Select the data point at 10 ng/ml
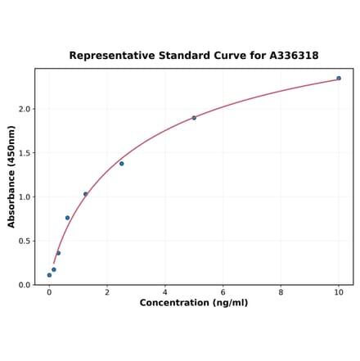(x=339, y=79)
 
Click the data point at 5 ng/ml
(x=194, y=118)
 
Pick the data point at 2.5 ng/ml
(x=122, y=164)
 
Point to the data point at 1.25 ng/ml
(x=85, y=194)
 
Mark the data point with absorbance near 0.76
(x=67, y=218)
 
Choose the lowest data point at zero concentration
(x=49, y=275)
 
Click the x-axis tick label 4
(x=165, y=292)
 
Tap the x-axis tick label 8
(x=281, y=292)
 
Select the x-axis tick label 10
(x=339, y=292)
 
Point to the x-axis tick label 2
(x=107, y=292)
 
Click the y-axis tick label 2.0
(x=25, y=109)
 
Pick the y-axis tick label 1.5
(x=25, y=153)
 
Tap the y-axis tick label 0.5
(x=25, y=241)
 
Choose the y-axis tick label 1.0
(x=25, y=197)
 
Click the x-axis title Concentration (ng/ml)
(x=194, y=303)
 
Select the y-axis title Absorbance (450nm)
(x=11, y=177)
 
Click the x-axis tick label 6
(x=223, y=292)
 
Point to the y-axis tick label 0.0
(x=25, y=285)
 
